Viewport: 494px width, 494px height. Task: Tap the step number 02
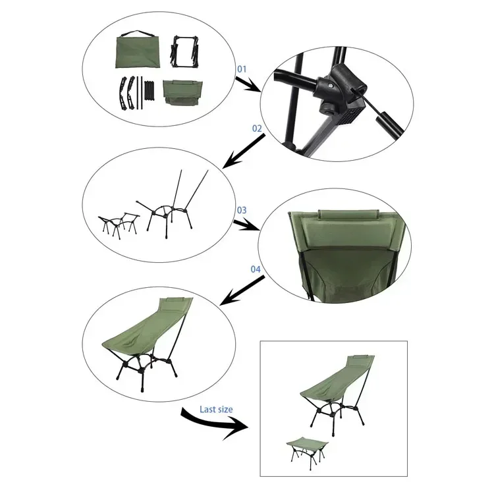(256, 128)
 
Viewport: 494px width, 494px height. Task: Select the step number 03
(241, 210)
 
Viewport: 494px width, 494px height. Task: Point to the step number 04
(256, 269)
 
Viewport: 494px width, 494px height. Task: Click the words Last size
(216, 409)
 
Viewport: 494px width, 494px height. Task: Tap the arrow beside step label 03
(246, 224)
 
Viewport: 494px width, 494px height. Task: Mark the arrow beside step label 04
(242, 290)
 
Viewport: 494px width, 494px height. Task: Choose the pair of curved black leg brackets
(129, 92)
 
